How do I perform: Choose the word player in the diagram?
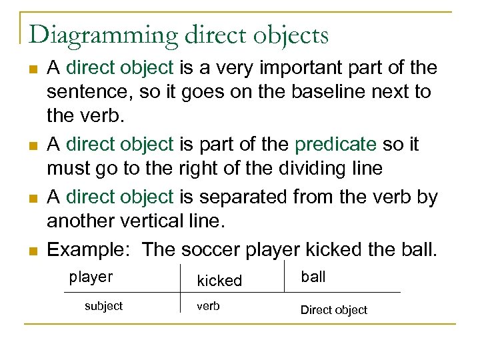(x=91, y=277)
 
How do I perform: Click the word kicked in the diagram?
(x=219, y=281)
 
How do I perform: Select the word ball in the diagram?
(x=313, y=277)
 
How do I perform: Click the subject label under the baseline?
(x=103, y=306)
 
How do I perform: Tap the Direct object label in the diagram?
(x=334, y=310)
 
